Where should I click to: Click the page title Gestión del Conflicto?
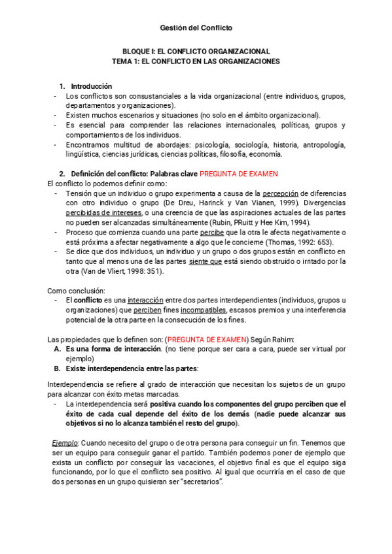pos(196,27)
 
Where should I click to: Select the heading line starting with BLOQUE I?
pos(196,52)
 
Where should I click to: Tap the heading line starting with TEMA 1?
pos(196,61)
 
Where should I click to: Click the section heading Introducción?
pos(91,86)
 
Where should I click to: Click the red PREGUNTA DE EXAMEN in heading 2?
pos(239,174)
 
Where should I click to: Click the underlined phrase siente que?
pos(207,261)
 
